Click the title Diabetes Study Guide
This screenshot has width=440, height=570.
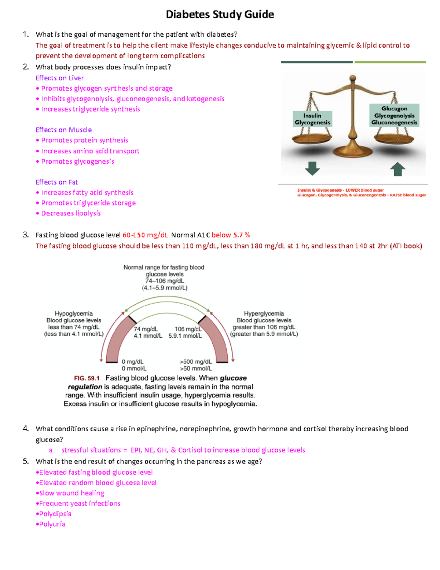[220, 15]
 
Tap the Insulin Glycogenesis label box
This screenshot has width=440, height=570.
[312, 119]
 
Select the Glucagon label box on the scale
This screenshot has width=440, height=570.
[394, 115]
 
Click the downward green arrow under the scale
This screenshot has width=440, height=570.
[312, 168]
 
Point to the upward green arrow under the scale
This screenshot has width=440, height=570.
[397, 170]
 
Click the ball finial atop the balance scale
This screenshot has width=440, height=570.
[353, 78]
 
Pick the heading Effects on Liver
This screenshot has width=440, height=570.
[60, 78]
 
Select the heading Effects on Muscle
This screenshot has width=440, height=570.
[64, 130]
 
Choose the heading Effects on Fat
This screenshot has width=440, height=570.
[57, 182]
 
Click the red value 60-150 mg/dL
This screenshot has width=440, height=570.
[145, 235]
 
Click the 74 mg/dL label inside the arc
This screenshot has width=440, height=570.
[146, 329]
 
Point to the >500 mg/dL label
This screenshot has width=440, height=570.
[196, 362]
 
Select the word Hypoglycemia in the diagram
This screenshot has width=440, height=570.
[74, 314]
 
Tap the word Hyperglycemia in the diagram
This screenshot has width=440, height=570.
[264, 314]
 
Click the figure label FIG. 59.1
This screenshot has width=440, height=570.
[87, 378]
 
